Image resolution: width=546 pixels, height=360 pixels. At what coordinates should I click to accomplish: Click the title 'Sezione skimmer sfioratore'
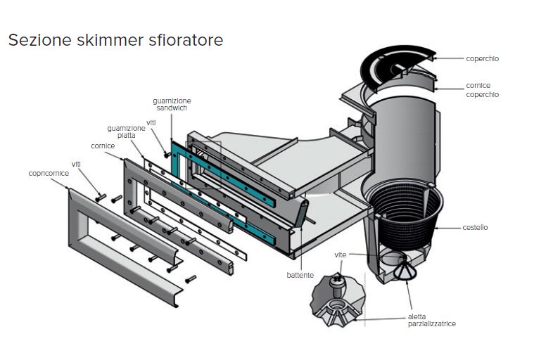click(115, 40)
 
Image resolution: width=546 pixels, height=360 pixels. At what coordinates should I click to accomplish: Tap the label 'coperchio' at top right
click(482, 59)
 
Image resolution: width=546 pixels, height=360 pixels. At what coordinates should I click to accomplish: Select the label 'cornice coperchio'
click(482, 90)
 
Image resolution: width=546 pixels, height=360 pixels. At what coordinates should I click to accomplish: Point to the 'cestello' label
click(475, 227)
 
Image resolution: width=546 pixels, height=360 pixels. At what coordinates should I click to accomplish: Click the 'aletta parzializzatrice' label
click(431, 320)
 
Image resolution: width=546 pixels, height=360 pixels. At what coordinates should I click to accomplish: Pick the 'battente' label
click(300, 275)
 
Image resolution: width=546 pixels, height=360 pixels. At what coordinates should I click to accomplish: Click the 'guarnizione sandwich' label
click(172, 105)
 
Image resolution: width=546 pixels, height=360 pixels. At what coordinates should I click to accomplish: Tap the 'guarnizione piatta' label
click(126, 131)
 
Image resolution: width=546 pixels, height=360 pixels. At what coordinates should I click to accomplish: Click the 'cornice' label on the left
click(103, 147)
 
